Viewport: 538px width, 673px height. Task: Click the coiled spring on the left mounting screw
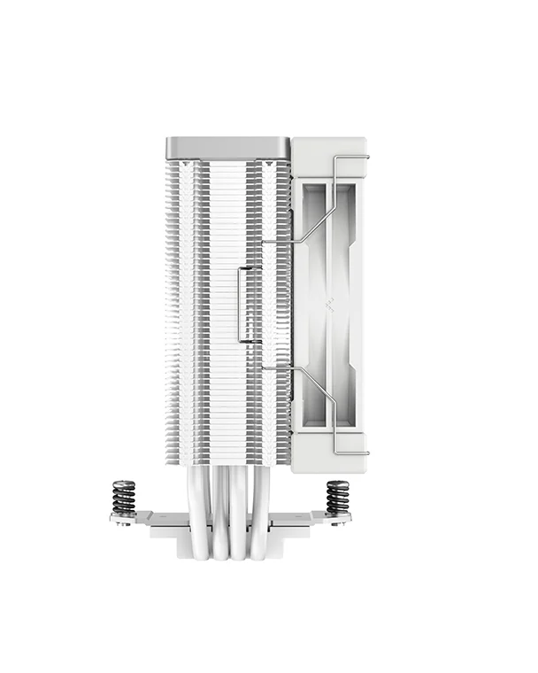[124, 497]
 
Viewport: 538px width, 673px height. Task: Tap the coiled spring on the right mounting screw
[337, 497]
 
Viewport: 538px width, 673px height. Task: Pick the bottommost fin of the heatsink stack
[227, 461]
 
